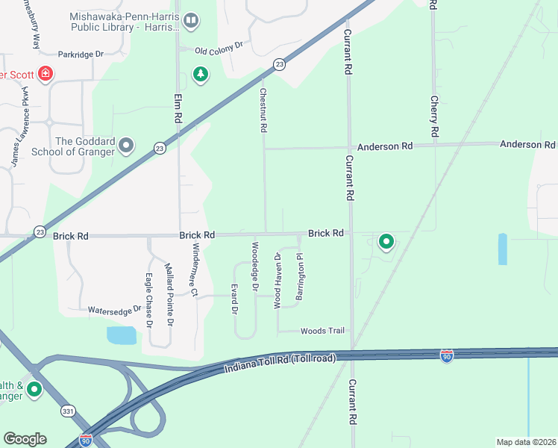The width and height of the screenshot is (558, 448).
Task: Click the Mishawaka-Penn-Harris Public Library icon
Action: click(191, 20)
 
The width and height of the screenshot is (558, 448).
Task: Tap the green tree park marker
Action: click(200, 74)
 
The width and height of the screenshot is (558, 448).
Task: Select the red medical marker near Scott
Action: click(46, 74)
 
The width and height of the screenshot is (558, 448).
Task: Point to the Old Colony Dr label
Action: click(219, 47)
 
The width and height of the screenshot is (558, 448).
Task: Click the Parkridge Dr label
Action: click(83, 55)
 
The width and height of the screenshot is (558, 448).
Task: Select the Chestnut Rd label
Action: click(263, 111)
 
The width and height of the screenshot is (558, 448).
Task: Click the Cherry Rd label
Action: click(433, 115)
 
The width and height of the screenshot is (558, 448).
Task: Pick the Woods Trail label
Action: click(322, 331)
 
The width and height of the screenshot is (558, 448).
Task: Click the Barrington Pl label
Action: click(300, 277)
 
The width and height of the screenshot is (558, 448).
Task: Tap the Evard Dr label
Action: click(234, 299)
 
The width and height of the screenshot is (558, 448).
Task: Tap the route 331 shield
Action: click(68, 411)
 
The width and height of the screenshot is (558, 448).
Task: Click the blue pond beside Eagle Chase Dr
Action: click(122, 335)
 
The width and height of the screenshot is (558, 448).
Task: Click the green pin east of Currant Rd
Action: click(386, 242)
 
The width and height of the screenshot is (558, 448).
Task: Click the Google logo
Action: click(25, 438)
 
